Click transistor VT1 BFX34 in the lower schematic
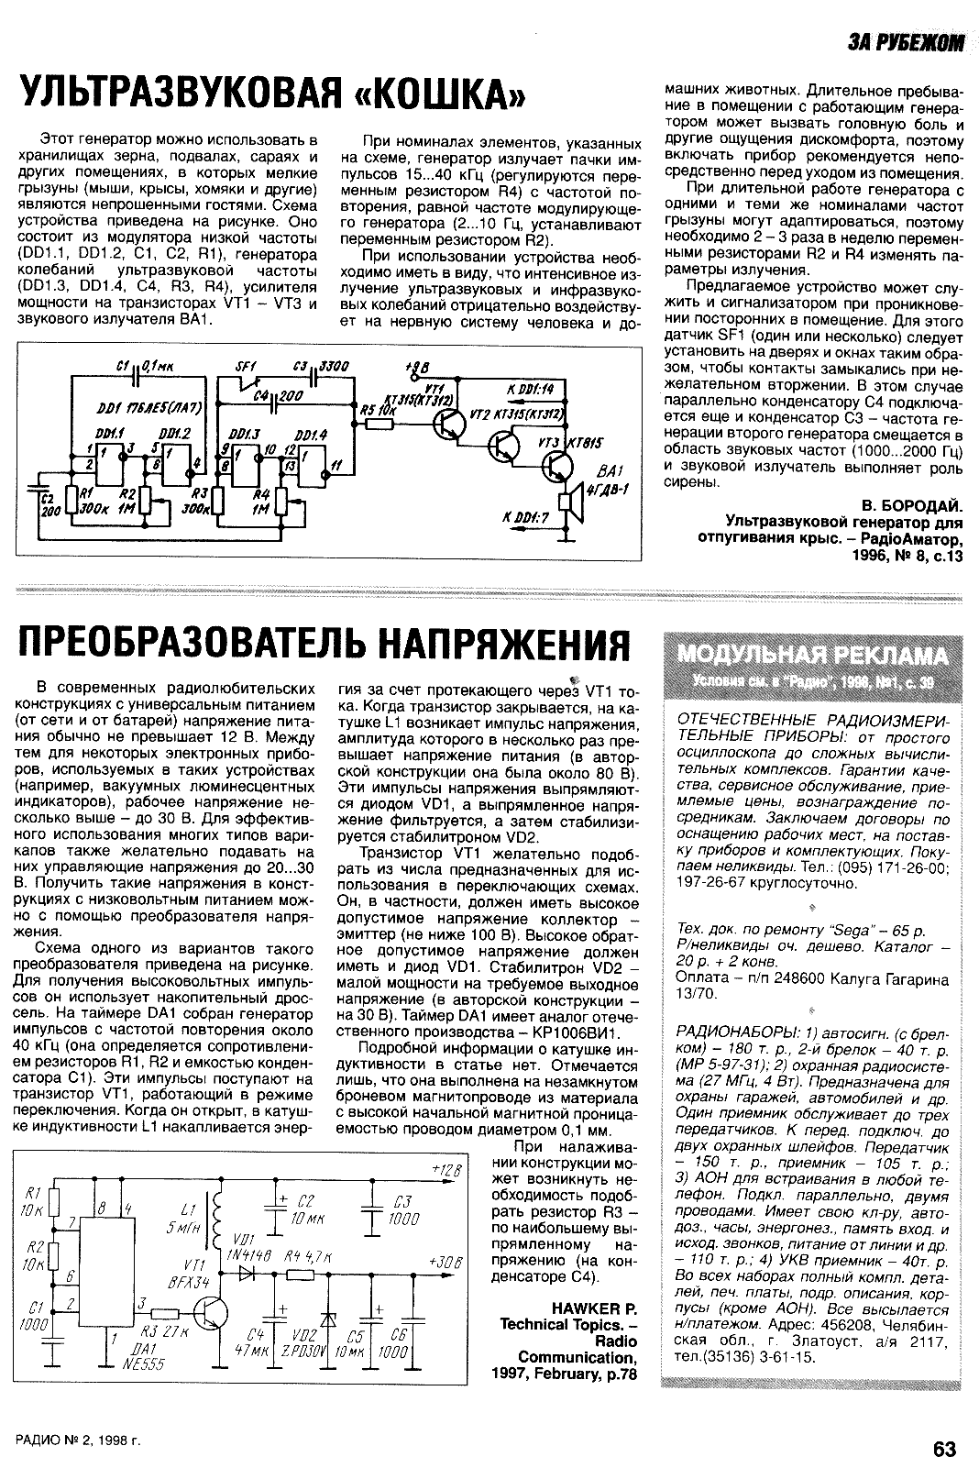(x=214, y=1311)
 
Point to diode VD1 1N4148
(x=246, y=1273)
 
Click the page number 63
(x=944, y=1448)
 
